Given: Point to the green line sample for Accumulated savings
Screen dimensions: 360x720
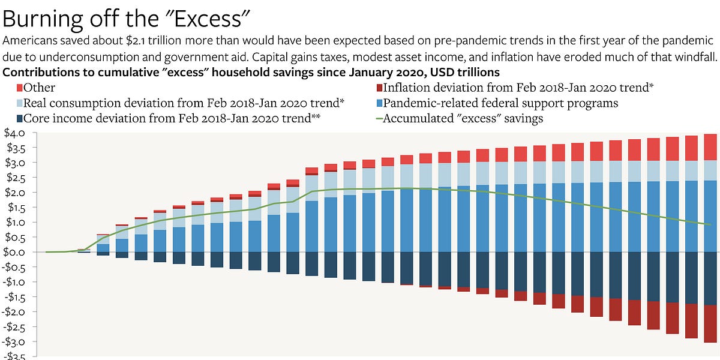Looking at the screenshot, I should click(x=376, y=118).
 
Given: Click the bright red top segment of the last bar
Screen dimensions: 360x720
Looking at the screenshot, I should click(x=710, y=147).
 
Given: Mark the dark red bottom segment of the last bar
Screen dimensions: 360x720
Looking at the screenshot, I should click(x=710, y=324).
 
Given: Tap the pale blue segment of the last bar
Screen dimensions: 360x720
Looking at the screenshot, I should click(x=710, y=170).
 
